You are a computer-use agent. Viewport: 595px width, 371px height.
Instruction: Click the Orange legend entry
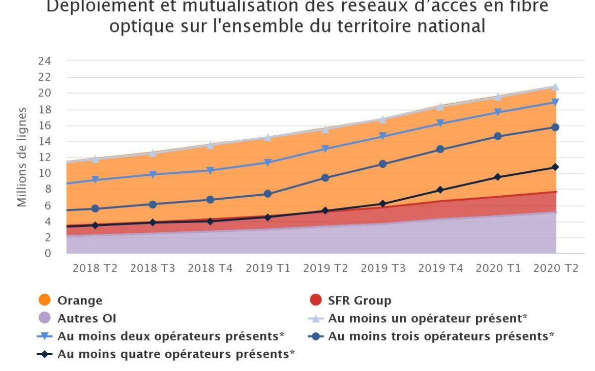point(79,300)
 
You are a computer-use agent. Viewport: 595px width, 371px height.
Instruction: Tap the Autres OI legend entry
point(86,319)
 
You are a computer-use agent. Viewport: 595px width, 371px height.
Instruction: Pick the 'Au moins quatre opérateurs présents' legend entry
point(175,354)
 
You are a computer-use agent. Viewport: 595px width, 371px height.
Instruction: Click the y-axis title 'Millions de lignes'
point(21,157)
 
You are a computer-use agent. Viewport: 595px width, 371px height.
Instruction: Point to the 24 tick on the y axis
point(45,61)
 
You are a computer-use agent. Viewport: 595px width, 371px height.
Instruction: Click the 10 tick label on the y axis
point(45,173)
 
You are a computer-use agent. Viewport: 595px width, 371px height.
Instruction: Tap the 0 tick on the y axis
point(48,253)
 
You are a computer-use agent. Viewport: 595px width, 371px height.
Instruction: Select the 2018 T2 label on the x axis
point(95,268)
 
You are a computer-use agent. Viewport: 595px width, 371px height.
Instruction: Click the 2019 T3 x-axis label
point(383,268)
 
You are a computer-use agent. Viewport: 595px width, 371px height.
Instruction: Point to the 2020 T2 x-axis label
point(555,268)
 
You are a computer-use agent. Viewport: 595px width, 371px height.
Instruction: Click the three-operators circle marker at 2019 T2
point(325,178)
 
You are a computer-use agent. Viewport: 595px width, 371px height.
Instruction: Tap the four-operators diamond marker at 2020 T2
point(555,167)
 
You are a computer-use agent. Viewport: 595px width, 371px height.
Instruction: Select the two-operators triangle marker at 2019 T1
point(267,163)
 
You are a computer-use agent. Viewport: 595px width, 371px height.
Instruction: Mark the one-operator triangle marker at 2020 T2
point(555,87)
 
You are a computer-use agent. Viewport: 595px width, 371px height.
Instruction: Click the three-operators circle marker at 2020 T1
point(498,136)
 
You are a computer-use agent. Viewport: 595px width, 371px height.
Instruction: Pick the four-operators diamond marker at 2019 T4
point(440,190)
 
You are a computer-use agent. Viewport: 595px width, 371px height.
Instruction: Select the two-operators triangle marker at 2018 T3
point(153,174)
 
